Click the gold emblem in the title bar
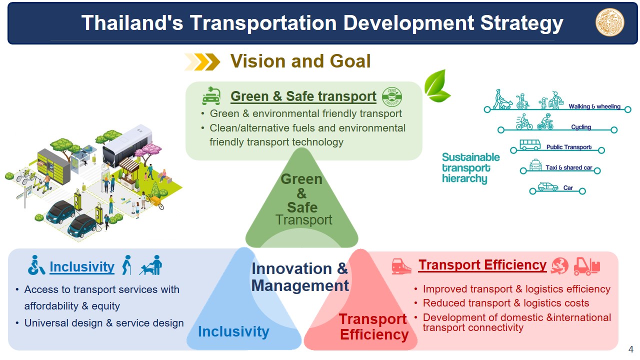[x=609, y=22]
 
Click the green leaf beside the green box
[x=437, y=85]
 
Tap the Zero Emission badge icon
[x=391, y=96]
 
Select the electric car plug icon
[x=211, y=96]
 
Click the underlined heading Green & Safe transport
[x=303, y=96]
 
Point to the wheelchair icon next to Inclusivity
[x=36, y=265]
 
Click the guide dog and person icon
[x=150, y=265]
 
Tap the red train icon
[x=401, y=266]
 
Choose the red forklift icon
[x=587, y=266]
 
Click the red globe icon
[x=559, y=265]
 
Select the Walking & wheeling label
[x=594, y=106]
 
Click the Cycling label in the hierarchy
[x=581, y=127]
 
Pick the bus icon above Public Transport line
[x=529, y=145]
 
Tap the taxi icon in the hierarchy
[x=535, y=165]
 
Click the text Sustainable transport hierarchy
[x=470, y=168]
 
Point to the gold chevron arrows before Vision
[x=202, y=61]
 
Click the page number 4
[x=631, y=349]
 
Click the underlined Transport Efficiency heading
[x=482, y=265]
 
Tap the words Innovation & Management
[x=300, y=277]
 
